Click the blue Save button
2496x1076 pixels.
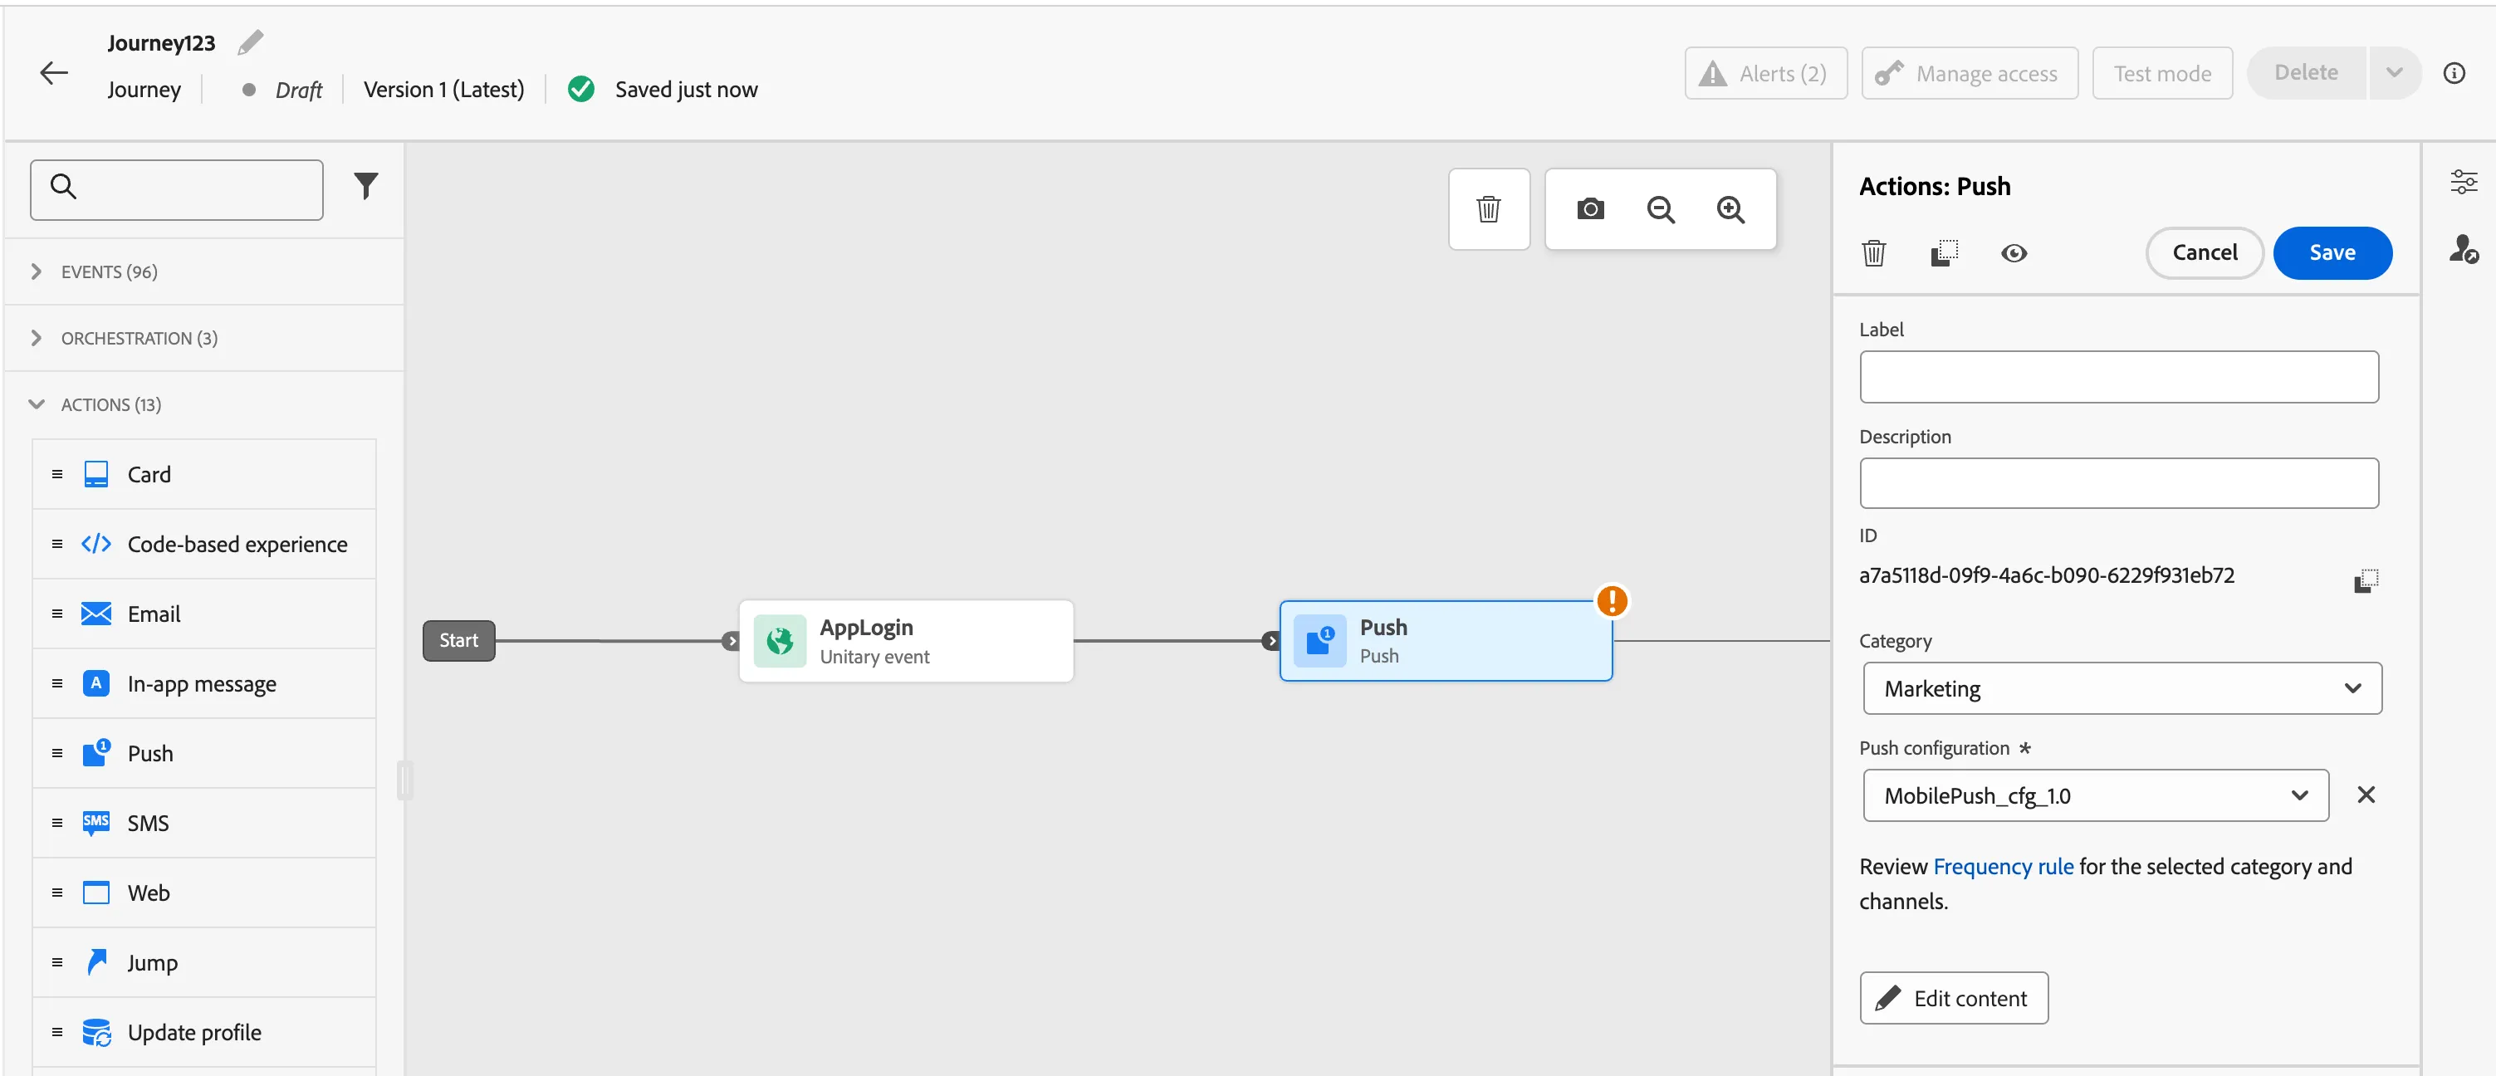tap(2332, 252)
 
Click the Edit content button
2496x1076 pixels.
tap(1954, 998)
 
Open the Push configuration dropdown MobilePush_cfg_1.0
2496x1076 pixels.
tap(2095, 795)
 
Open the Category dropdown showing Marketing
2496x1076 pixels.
tap(2122, 688)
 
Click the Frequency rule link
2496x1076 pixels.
tap(2003, 866)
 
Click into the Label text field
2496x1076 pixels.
tap(2118, 377)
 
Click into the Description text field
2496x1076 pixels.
tap(2118, 483)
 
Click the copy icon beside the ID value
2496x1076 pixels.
tap(2365, 580)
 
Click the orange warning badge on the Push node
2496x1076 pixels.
tap(1612, 600)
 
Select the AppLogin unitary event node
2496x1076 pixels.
tap(906, 641)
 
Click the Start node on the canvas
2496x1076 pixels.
tap(458, 641)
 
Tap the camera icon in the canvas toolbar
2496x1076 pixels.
tap(1590, 209)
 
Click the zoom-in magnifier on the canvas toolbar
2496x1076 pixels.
tap(1730, 209)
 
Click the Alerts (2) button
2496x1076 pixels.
tap(1765, 74)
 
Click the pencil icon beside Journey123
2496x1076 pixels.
tap(250, 42)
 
